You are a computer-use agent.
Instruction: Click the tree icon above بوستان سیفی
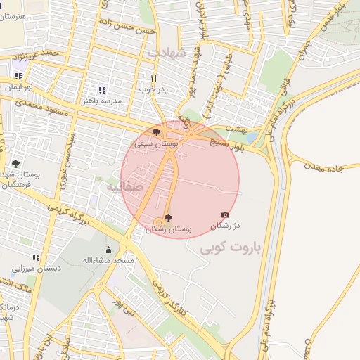[156, 131]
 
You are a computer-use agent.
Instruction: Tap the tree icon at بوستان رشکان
[167, 218]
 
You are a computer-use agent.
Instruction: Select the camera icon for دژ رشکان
[225, 214]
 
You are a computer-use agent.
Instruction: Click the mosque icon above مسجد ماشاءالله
[108, 250]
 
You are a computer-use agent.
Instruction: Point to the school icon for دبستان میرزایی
[37, 257]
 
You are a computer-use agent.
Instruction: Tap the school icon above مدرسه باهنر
[102, 90]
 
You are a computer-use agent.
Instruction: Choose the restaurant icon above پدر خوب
[153, 78]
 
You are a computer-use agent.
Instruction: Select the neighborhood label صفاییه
[124, 187]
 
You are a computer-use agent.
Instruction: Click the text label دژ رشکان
[226, 225]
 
